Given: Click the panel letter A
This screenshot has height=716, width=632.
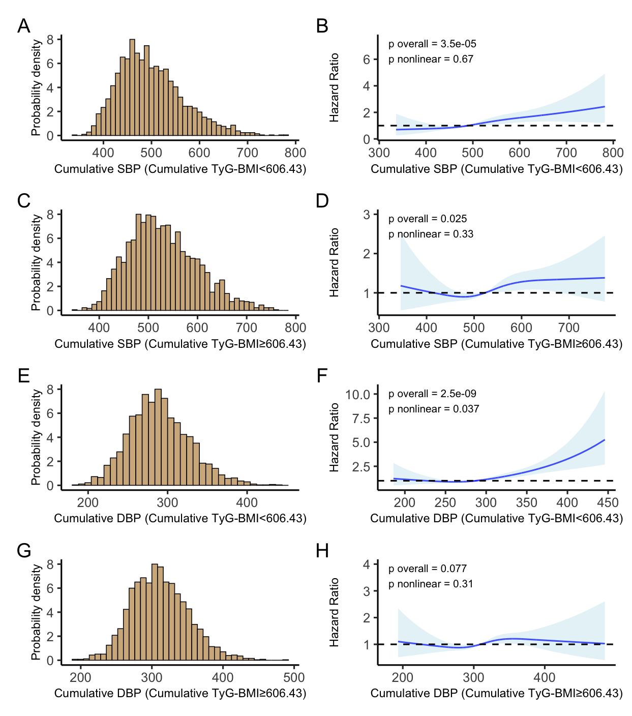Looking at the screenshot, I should coord(23,26).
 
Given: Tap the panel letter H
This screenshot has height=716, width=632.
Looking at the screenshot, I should coord(322,551).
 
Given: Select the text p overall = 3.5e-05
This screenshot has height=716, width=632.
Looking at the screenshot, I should coord(432,44).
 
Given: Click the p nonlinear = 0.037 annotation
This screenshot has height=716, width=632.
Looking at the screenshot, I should coord(434,409).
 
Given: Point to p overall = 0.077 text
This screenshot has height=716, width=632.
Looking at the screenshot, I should coord(427,569).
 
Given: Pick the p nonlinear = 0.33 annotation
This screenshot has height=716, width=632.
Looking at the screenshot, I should coord(431,234).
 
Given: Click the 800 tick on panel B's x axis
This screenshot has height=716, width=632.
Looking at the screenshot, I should coord(613,153).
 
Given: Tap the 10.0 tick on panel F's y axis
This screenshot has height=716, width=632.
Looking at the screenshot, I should coord(358,395).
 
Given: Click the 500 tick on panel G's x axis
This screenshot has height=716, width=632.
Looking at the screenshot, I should coord(294,677).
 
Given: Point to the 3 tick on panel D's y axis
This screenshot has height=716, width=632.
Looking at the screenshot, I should coord(367,215).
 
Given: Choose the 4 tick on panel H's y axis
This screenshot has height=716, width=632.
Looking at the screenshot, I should coord(367,564).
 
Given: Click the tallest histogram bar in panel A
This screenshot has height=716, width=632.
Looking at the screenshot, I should coord(132,86).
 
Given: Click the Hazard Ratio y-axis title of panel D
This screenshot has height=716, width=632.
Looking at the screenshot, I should coord(334,262).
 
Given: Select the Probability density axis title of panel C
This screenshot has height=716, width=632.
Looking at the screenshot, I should coord(36,262).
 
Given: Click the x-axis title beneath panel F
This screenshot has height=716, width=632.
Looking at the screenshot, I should coord(496,518).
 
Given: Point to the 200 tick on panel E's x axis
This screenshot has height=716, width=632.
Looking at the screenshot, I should coord(87,503).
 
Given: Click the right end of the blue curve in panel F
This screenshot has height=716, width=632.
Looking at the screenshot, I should coord(605,440).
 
